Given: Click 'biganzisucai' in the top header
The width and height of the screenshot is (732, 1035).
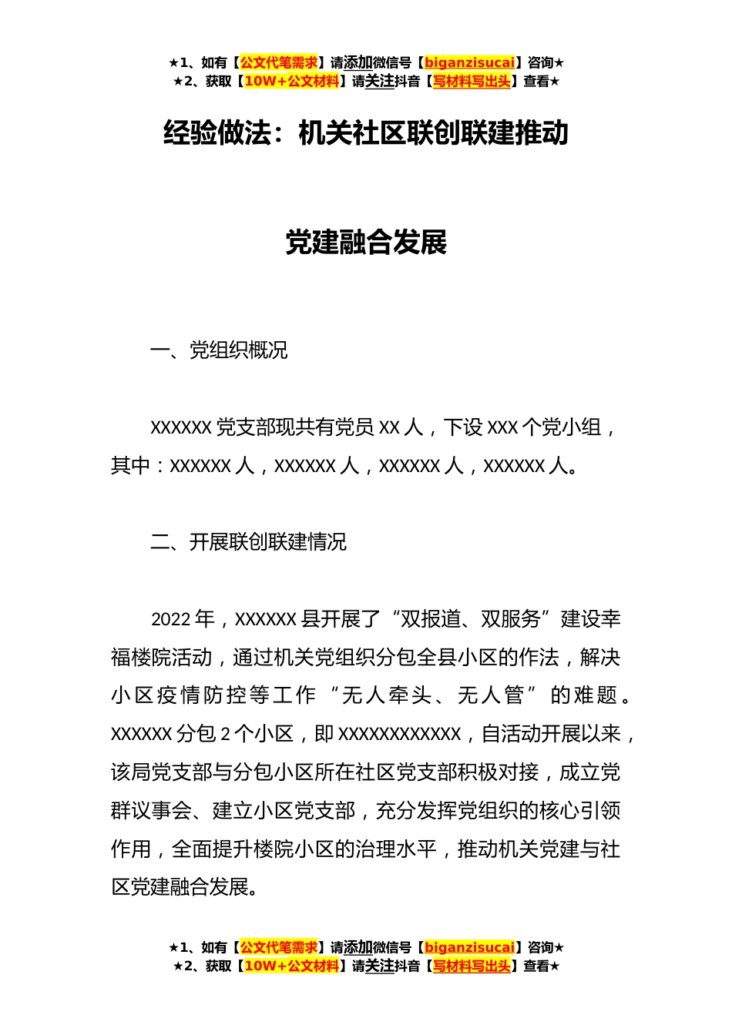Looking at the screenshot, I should (469, 63).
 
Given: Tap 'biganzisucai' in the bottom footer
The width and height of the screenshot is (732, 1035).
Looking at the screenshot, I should (469, 948).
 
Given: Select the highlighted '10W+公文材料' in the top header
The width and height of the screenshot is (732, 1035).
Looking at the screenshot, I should (291, 82).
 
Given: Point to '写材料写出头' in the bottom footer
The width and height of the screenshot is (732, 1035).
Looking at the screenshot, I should (472, 966).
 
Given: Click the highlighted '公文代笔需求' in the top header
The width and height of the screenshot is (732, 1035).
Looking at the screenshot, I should (279, 63).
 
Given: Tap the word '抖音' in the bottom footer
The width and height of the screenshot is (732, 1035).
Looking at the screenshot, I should (407, 966).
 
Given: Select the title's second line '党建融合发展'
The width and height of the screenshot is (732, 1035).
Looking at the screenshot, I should (366, 243).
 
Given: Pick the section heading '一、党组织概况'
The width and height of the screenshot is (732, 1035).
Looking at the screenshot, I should (219, 351).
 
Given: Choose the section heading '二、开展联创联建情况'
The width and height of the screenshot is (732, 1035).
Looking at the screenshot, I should (248, 543).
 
